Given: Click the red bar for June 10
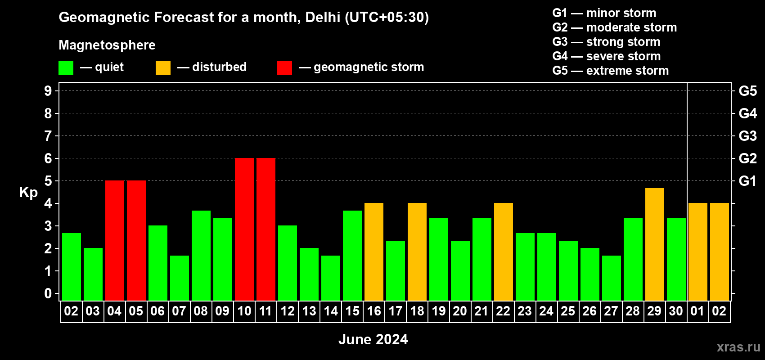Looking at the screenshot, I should coord(244,229).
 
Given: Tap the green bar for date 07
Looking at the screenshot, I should coord(180,278).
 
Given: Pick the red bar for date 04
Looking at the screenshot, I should coord(115,240).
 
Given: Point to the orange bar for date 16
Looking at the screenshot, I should coord(374,252).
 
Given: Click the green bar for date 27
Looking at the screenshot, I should coord(612,278).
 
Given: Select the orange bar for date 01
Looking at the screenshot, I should coord(698,252).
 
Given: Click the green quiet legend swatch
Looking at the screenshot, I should coord(66,68).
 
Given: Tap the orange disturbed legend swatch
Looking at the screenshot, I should coord(163,68).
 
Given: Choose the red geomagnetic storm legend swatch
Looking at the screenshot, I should coord(284,68).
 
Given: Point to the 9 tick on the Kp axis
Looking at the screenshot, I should coord(48,91).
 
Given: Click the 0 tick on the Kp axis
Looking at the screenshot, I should coord(48,294).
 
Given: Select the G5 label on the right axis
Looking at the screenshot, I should coord(747,91).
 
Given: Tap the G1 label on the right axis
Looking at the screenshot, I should coord(747,181).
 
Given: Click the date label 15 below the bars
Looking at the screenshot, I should coord(352,311).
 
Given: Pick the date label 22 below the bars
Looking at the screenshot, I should coord(503,311).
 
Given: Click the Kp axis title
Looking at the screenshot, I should coord(28,193).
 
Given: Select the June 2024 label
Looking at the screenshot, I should coord(373,339).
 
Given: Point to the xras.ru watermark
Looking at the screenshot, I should coord(738,347).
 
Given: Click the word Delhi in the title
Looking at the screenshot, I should coord(323,17).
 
